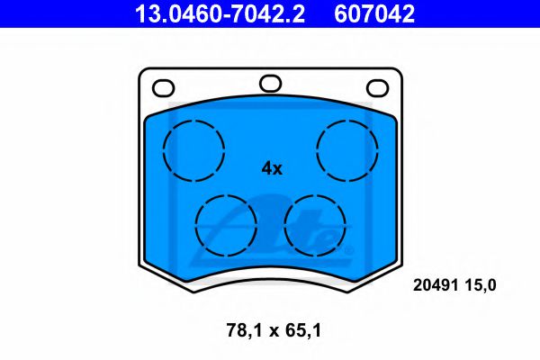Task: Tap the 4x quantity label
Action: point(271,168)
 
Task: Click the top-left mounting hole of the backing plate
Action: point(163,88)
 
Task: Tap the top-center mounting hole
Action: point(270,84)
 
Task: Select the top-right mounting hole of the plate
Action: point(377,88)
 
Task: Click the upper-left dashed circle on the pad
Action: point(193,148)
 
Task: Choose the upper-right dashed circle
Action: point(348,148)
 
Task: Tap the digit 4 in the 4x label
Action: point(265,168)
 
